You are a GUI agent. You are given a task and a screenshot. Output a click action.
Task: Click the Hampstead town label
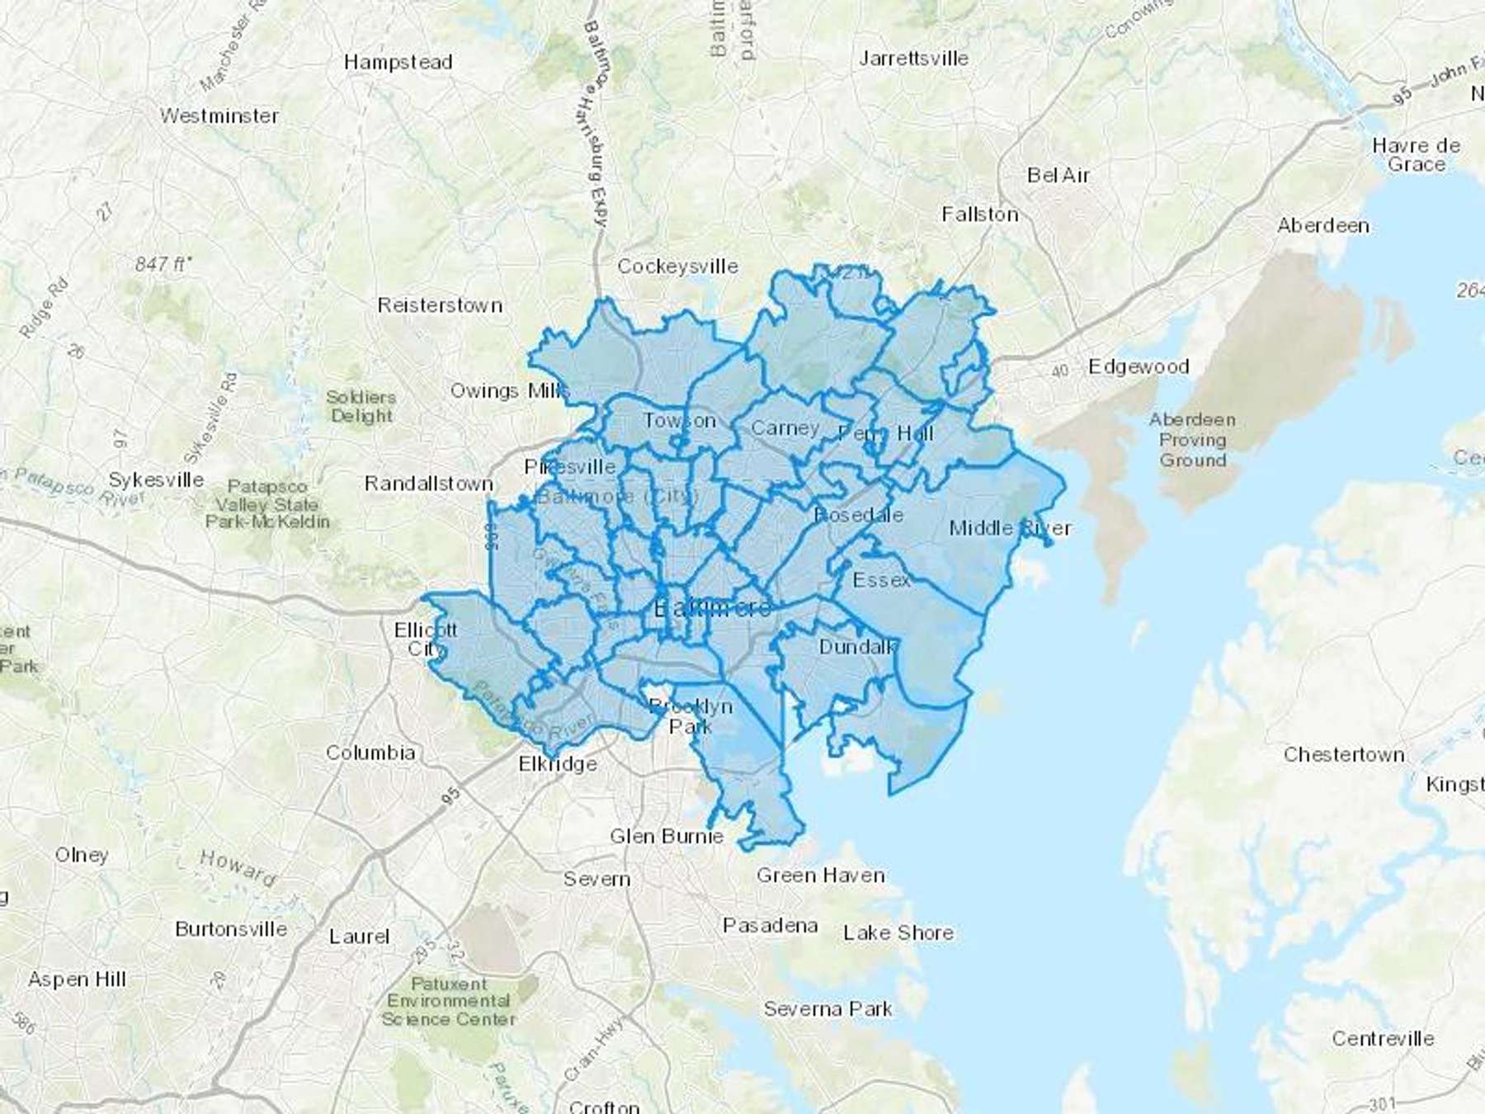398,62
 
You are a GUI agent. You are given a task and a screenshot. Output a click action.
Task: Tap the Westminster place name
219,116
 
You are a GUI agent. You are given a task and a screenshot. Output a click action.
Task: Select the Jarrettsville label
913,59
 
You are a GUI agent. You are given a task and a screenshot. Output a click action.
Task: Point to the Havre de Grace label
1416,155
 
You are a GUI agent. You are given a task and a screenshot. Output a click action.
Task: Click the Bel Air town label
1058,175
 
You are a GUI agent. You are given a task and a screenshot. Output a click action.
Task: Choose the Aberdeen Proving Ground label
1192,440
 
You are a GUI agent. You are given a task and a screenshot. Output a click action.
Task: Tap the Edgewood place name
1138,366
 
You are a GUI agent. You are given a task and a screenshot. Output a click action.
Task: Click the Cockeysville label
677,267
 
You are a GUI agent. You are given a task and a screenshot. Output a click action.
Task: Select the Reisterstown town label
440,305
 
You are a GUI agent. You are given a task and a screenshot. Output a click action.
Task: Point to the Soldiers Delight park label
361,406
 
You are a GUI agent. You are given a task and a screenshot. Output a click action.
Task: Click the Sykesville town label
157,479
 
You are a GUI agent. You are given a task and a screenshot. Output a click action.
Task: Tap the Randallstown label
429,484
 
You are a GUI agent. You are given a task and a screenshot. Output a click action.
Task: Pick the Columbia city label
370,753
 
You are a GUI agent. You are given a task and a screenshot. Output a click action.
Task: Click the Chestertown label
1344,754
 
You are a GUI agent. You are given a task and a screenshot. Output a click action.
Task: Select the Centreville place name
1383,1038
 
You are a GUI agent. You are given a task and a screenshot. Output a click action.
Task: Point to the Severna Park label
827,1008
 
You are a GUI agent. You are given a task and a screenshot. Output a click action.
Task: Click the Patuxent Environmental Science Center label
449,1001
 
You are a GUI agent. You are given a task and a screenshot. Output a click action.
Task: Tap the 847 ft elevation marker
163,264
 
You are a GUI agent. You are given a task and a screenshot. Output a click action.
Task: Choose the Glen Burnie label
667,836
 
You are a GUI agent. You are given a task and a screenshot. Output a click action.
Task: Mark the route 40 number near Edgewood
1060,372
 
